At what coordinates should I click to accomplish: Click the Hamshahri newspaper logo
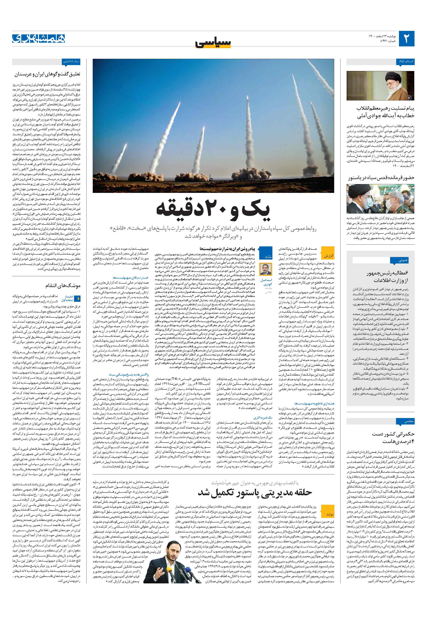(39, 39)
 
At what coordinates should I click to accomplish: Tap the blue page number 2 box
(406, 39)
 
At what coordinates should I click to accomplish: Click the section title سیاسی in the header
(213, 43)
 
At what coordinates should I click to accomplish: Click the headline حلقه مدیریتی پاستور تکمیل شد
(255, 492)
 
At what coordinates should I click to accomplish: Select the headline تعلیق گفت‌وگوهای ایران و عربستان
(47, 74)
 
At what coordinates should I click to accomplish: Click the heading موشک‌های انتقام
(63, 285)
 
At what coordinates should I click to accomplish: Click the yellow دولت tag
(329, 514)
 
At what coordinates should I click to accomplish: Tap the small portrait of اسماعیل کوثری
(266, 269)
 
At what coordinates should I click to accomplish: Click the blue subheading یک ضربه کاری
(263, 417)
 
